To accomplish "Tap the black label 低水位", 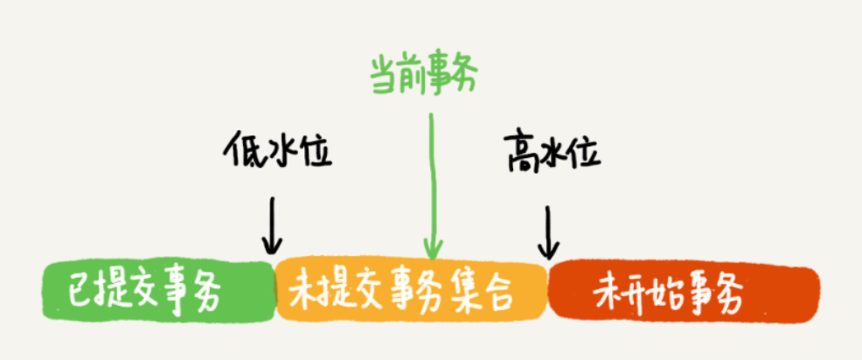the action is click(278, 149).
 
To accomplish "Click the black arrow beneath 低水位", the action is click(272, 226).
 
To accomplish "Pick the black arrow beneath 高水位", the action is click(547, 232).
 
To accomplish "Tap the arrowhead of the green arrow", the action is click(433, 249).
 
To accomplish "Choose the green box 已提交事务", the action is click(159, 291).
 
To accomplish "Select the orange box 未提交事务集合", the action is click(411, 291).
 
